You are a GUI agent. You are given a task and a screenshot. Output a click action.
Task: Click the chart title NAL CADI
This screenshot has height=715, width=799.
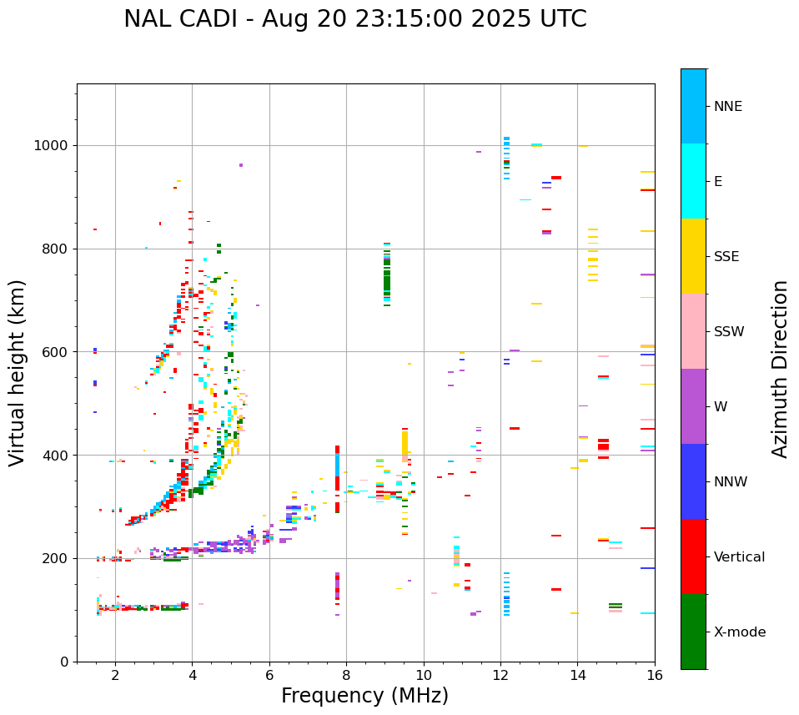point(354,19)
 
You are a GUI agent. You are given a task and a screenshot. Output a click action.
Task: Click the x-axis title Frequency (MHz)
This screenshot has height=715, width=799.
point(364,696)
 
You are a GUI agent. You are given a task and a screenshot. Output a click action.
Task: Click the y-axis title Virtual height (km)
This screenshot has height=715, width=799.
point(18,372)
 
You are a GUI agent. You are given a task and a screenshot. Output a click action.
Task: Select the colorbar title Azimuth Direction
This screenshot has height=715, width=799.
point(780,368)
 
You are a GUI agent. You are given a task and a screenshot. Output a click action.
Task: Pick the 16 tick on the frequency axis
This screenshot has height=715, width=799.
point(655,674)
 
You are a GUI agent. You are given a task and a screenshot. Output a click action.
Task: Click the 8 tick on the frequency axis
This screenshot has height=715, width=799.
point(346,674)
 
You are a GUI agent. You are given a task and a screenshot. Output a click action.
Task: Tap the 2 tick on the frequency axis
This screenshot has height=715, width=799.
point(115,674)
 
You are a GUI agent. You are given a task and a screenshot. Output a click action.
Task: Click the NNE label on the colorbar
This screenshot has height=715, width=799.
point(727,107)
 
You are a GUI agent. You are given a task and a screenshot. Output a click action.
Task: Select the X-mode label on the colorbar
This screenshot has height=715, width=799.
point(739,632)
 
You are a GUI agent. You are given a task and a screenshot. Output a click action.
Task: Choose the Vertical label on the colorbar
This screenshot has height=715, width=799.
point(739,557)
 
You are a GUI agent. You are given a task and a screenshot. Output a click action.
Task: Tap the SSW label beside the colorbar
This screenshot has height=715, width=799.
point(728,332)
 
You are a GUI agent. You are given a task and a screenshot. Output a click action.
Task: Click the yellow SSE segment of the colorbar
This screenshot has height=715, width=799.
point(693,256)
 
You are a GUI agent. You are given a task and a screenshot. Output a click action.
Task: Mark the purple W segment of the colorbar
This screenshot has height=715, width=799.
point(693,406)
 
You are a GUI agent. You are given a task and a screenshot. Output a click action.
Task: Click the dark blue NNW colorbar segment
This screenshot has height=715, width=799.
point(693,481)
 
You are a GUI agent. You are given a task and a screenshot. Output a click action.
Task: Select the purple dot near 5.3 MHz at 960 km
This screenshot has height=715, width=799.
point(241,165)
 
